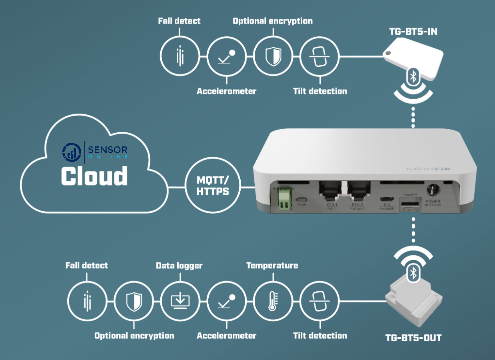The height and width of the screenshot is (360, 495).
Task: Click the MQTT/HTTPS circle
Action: [213, 186]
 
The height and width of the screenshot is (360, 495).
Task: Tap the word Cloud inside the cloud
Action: [94, 176]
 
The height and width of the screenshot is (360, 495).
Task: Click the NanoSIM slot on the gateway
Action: [410, 205]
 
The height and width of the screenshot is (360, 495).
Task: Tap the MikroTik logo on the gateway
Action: [428, 169]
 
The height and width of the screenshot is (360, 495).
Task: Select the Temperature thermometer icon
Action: [273, 301]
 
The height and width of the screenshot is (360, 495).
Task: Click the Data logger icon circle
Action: [180, 301]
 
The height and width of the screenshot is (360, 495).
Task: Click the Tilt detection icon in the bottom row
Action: [319, 301]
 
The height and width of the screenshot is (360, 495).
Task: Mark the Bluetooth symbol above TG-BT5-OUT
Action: [413, 273]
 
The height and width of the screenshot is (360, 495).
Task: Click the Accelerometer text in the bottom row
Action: [226, 336]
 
